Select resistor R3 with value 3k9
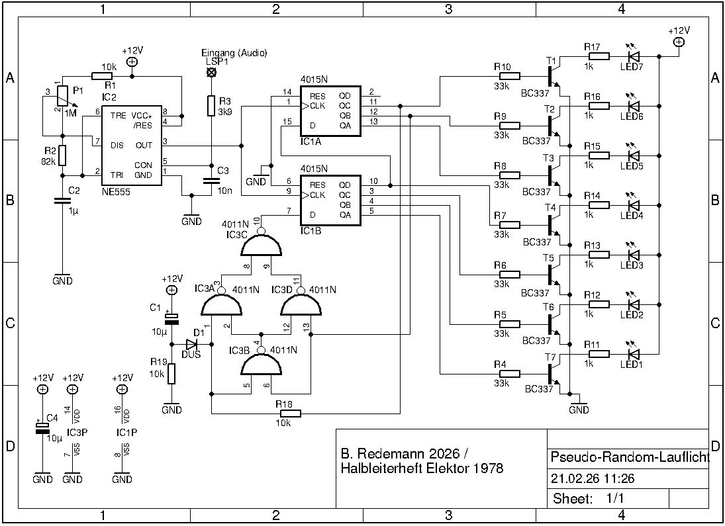(x=211, y=107)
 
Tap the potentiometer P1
(x=62, y=97)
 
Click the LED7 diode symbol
(x=633, y=56)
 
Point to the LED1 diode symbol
(x=633, y=354)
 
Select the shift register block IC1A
(x=330, y=111)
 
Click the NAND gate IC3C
(x=261, y=247)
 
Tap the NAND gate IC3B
(x=261, y=363)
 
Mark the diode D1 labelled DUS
(x=192, y=344)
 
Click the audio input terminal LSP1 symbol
(x=211, y=72)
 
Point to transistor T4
(x=554, y=224)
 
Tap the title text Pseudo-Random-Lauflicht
(x=630, y=458)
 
